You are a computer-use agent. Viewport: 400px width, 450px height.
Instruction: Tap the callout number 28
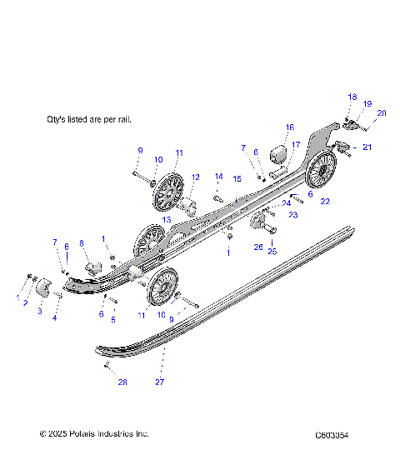click(x=122, y=382)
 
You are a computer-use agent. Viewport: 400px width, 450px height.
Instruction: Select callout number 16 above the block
click(x=289, y=127)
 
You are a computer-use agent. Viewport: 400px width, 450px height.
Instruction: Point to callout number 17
click(x=295, y=144)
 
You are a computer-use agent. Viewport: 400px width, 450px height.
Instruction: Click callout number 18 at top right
click(x=352, y=97)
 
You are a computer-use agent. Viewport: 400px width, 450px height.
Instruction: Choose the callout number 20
click(x=382, y=112)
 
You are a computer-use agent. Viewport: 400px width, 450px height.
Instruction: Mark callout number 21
click(x=368, y=147)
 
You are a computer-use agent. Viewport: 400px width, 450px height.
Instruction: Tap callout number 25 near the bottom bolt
click(x=272, y=251)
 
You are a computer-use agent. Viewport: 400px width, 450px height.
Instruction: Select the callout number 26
click(x=258, y=247)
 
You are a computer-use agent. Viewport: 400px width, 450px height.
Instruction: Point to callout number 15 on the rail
click(x=237, y=179)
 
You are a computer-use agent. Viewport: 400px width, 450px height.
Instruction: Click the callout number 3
click(x=38, y=312)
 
